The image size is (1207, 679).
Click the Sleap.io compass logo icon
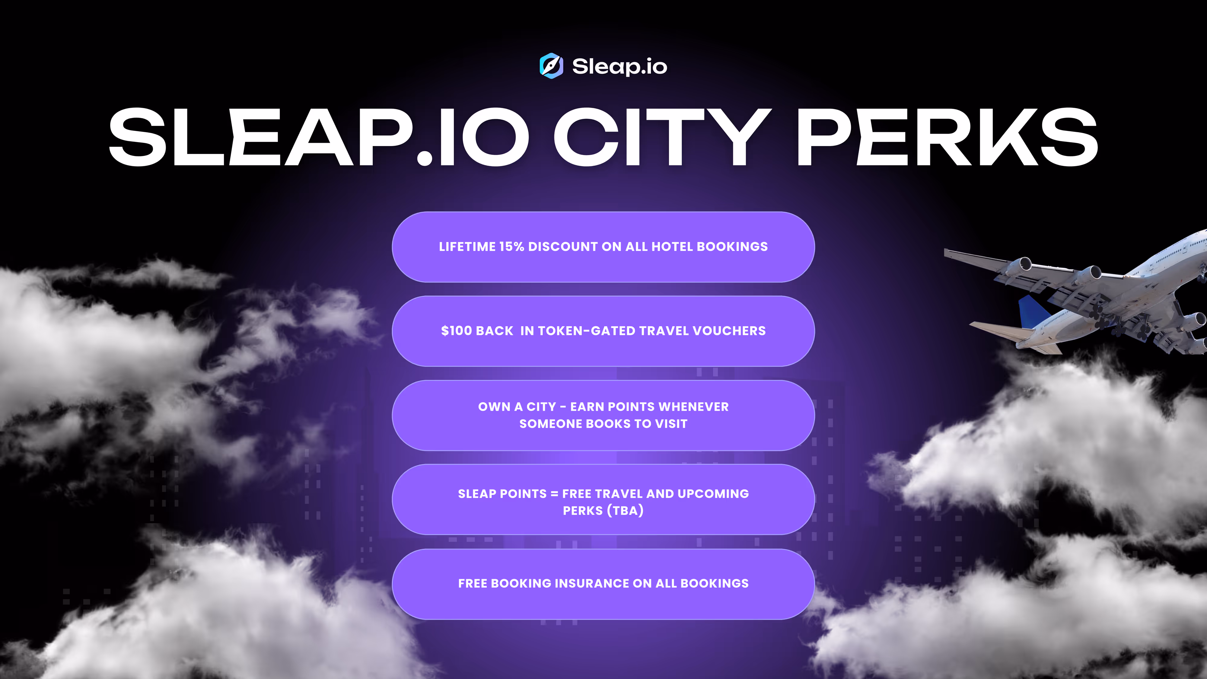tap(551, 65)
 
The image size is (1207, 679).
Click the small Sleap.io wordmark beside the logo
tap(619, 66)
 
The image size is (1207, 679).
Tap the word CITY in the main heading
tap(662, 136)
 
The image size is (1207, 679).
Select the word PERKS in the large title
tap(947, 136)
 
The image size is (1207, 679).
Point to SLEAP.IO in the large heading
tap(319, 136)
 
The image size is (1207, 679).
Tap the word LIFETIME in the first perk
tap(467, 247)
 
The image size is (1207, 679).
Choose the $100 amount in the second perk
tap(456, 331)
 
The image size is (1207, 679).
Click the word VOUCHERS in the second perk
tap(729, 331)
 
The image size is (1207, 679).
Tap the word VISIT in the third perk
tap(671, 424)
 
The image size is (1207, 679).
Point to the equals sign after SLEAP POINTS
tap(554, 494)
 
